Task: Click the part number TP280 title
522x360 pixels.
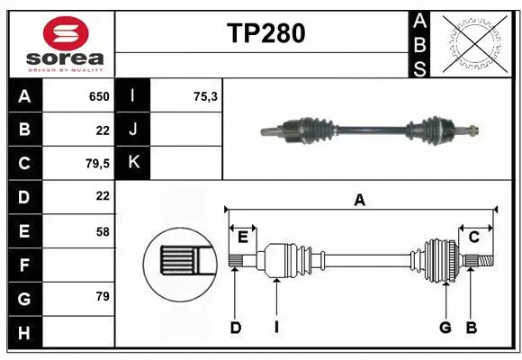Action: (265, 33)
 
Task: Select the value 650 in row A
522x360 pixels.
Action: (98, 96)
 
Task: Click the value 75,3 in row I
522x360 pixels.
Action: (206, 96)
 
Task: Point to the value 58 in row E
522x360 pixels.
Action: (102, 231)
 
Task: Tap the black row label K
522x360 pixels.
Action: (133, 163)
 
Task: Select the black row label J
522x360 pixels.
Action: (133, 130)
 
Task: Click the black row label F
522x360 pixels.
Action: (24, 265)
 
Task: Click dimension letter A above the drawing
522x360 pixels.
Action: (359, 200)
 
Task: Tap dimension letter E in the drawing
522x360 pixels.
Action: (242, 237)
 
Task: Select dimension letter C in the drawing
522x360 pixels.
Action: (473, 237)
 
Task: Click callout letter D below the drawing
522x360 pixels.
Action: (235, 328)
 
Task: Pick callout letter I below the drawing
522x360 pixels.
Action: (276, 328)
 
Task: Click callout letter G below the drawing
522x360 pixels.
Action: (445, 328)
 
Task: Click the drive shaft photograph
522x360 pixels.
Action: (369, 130)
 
